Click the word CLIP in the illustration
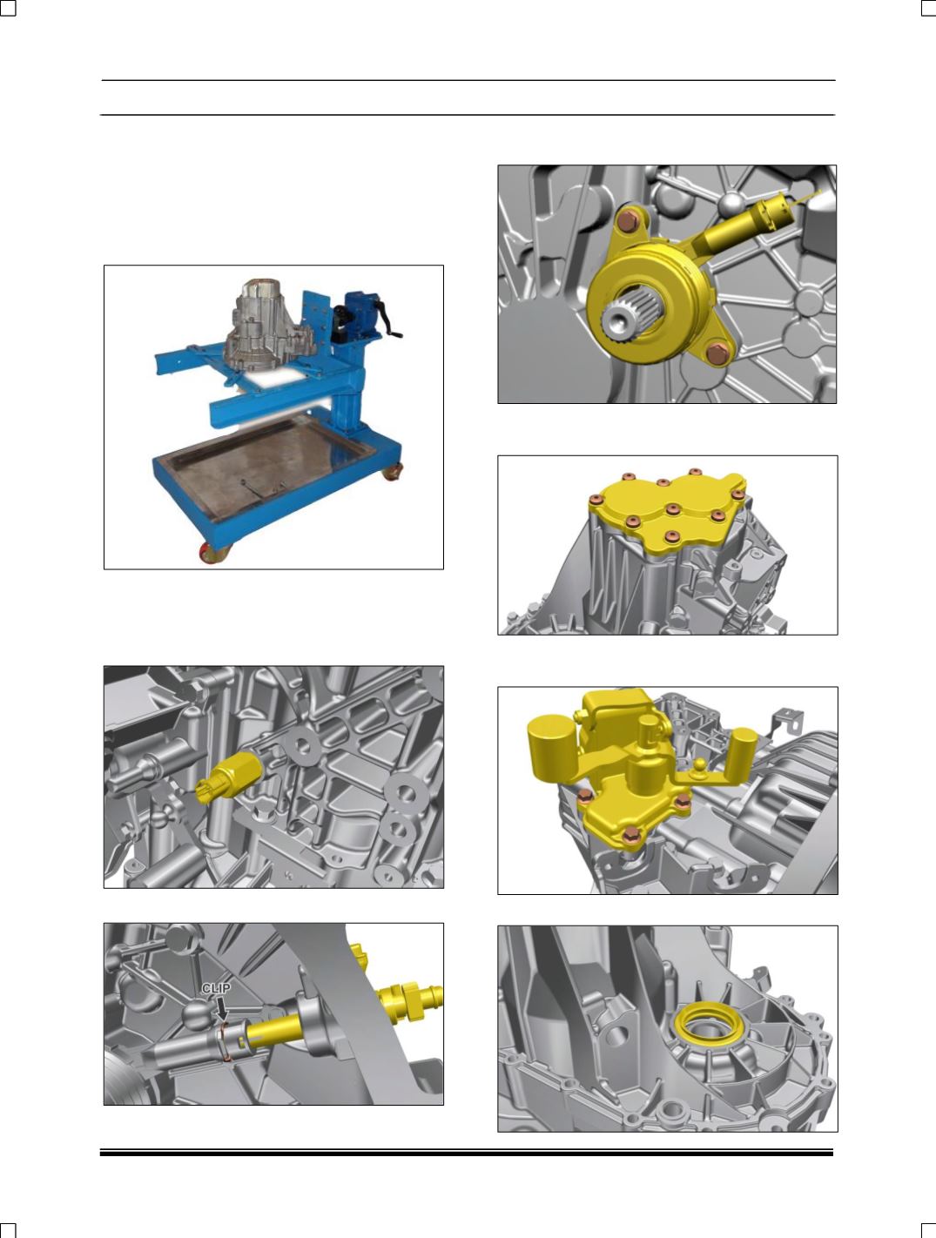click(216, 988)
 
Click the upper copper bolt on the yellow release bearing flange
click(628, 220)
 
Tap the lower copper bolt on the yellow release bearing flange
click(717, 353)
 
